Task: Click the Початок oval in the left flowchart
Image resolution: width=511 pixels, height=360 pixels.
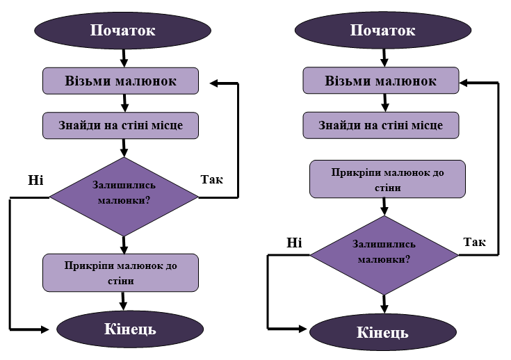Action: coord(122,31)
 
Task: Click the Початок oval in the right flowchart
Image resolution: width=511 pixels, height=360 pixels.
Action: coord(383,31)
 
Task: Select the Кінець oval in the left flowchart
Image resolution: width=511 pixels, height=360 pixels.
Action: coord(130,329)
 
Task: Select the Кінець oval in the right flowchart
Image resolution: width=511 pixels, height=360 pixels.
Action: coord(383,332)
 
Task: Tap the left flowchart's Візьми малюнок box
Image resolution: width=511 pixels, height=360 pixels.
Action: coord(120,81)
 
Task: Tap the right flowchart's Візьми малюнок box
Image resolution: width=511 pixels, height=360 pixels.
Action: coord(381,81)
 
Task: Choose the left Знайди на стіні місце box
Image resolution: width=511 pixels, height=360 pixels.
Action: coord(120,125)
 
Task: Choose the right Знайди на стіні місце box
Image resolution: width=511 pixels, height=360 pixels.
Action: coord(381,125)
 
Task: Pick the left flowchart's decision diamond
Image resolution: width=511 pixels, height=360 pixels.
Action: coord(124,197)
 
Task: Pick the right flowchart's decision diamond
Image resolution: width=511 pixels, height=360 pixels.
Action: coord(384,255)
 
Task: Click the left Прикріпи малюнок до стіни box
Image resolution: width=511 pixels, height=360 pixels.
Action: coord(120,272)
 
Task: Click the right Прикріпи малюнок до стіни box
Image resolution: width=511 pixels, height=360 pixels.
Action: coord(387,179)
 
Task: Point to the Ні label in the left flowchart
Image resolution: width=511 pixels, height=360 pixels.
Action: coord(35,180)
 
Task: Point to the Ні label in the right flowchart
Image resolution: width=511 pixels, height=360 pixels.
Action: coord(294,243)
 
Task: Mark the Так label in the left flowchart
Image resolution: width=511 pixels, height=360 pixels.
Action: coord(212,179)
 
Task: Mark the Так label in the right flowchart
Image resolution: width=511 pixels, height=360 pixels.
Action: coord(474,242)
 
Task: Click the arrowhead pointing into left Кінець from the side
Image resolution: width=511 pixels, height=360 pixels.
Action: coord(45,329)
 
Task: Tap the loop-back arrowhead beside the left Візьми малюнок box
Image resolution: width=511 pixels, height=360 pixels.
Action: coord(214,83)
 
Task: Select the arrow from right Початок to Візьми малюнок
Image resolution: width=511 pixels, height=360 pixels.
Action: coord(384,58)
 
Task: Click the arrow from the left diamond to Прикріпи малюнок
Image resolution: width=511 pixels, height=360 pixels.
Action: coord(124,245)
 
